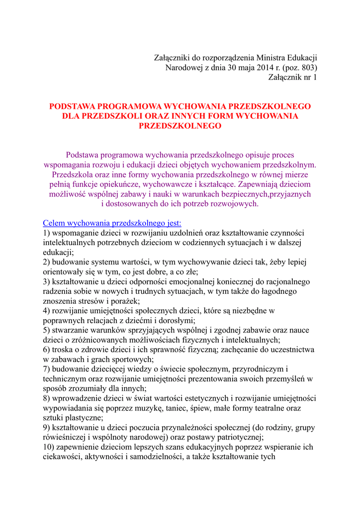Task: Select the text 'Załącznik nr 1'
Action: (x=292, y=78)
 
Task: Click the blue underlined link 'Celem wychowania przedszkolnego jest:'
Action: (x=112, y=224)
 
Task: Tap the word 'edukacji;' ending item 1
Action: (x=59, y=253)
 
